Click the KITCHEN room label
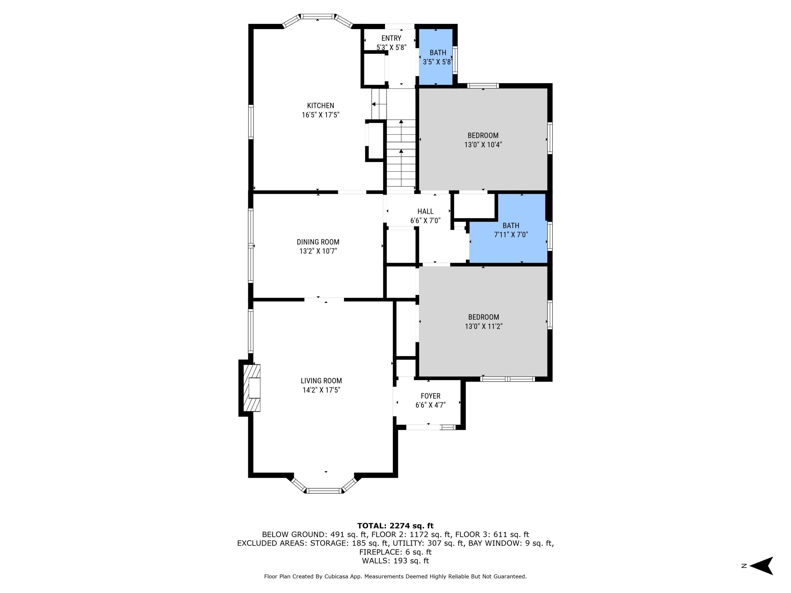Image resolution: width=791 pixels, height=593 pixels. pyautogui.click(x=320, y=105)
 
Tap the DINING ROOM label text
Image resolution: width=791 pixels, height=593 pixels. pyautogui.click(x=318, y=242)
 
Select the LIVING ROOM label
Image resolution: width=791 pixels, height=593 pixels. pyautogui.click(x=321, y=381)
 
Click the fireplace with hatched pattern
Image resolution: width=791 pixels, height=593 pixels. pyautogui.click(x=252, y=388)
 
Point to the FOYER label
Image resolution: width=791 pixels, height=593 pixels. pyautogui.click(x=430, y=396)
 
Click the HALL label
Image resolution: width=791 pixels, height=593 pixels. pyautogui.click(x=425, y=212)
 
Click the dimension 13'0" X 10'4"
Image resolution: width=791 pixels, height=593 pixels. pyautogui.click(x=483, y=145)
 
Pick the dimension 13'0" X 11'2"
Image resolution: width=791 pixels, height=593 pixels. pyautogui.click(x=484, y=326)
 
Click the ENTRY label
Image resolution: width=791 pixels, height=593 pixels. pyautogui.click(x=391, y=38)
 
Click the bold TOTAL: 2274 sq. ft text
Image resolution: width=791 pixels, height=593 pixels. pyautogui.click(x=395, y=526)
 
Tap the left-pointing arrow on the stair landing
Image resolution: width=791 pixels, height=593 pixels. pyautogui.click(x=374, y=104)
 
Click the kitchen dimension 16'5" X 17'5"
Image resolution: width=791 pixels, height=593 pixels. pyautogui.click(x=320, y=115)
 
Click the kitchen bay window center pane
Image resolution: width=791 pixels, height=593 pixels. pyautogui.click(x=317, y=16)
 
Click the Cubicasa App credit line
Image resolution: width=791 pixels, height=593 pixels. pyautogui.click(x=395, y=576)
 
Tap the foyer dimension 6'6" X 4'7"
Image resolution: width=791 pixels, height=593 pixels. pyautogui.click(x=430, y=405)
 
